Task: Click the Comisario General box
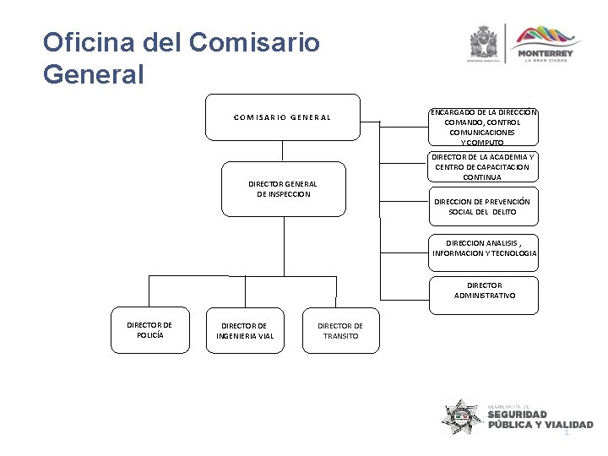click(282, 117)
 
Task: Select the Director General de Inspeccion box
click(279, 189)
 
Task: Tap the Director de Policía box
click(149, 330)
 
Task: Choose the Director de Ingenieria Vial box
click(245, 331)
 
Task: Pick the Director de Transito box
click(340, 331)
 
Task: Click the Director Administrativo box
click(484, 291)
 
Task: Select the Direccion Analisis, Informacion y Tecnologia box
click(484, 248)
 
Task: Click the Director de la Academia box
click(484, 167)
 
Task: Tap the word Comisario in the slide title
click(256, 41)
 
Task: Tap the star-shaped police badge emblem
click(461, 415)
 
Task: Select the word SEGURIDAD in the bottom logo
click(517, 415)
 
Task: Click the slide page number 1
click(567, 432)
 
